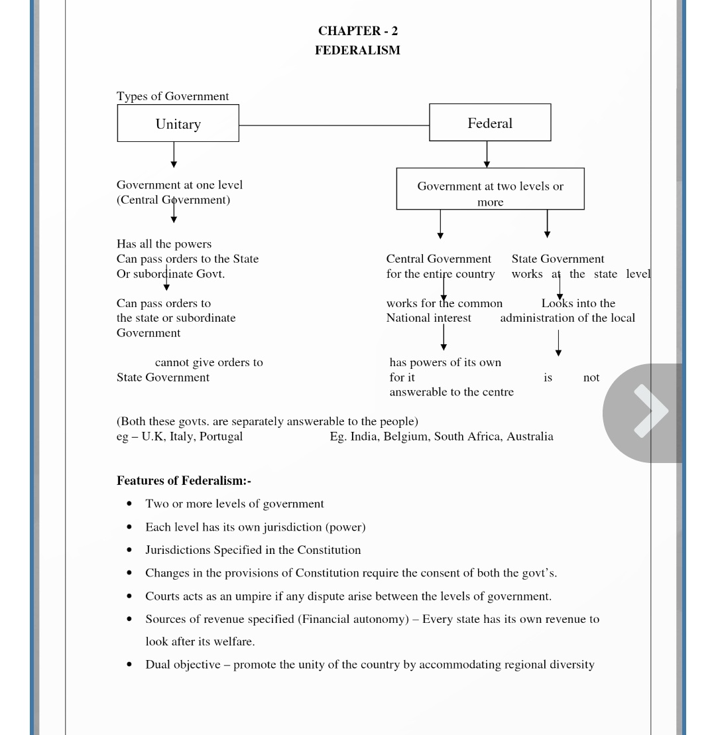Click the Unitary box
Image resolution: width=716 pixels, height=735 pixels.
pos(178,123)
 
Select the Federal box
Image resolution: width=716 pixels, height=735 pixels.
pos(490,123)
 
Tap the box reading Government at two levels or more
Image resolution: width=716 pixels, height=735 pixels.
pos(490,190)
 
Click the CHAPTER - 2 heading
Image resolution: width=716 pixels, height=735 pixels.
pos(358,31)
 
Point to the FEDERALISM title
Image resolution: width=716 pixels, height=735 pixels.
pos(357,50)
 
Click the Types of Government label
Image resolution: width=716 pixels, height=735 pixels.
pos(172,96)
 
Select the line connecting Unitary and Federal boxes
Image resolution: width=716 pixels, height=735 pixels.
pos(333,125)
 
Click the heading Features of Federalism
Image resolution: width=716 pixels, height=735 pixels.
pos(184,481)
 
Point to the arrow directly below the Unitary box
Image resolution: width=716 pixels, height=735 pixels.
pos(174,155)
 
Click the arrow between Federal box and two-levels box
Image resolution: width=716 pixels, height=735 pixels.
pos(487,155)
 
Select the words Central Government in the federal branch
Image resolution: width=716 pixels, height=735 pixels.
pos(438,259)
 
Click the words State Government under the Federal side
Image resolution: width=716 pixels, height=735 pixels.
pos(558,259)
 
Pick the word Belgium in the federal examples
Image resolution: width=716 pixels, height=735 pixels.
pos(405,436)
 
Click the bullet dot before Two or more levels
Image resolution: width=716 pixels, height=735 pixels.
pos(129,504)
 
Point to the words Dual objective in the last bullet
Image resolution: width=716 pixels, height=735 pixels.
pos(182,665)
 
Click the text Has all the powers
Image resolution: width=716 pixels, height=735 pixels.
pos(164,244)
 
